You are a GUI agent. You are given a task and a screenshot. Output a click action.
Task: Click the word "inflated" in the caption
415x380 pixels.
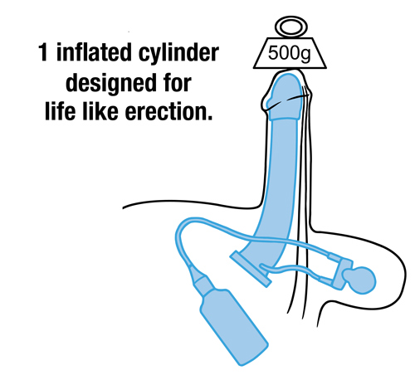click(94, 52)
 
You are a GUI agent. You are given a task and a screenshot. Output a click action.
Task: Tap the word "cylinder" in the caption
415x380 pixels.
click(178, 54)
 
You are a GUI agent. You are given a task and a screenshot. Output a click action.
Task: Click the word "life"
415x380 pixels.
click(60, 110)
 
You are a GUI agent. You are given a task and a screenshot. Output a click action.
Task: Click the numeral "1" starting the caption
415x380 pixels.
click(43, 52)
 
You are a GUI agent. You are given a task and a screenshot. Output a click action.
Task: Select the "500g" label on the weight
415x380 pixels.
click(289, 53)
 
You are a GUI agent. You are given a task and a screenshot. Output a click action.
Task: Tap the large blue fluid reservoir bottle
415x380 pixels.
click(234, 326)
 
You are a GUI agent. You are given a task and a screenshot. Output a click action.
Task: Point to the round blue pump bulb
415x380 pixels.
click(359, 280)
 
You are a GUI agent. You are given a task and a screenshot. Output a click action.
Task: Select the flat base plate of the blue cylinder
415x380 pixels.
click(251, 268)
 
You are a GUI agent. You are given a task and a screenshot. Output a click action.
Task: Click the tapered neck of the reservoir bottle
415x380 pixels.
click(202, 280)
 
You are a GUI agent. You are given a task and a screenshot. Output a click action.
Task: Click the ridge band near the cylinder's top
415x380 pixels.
click(285, 118)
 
